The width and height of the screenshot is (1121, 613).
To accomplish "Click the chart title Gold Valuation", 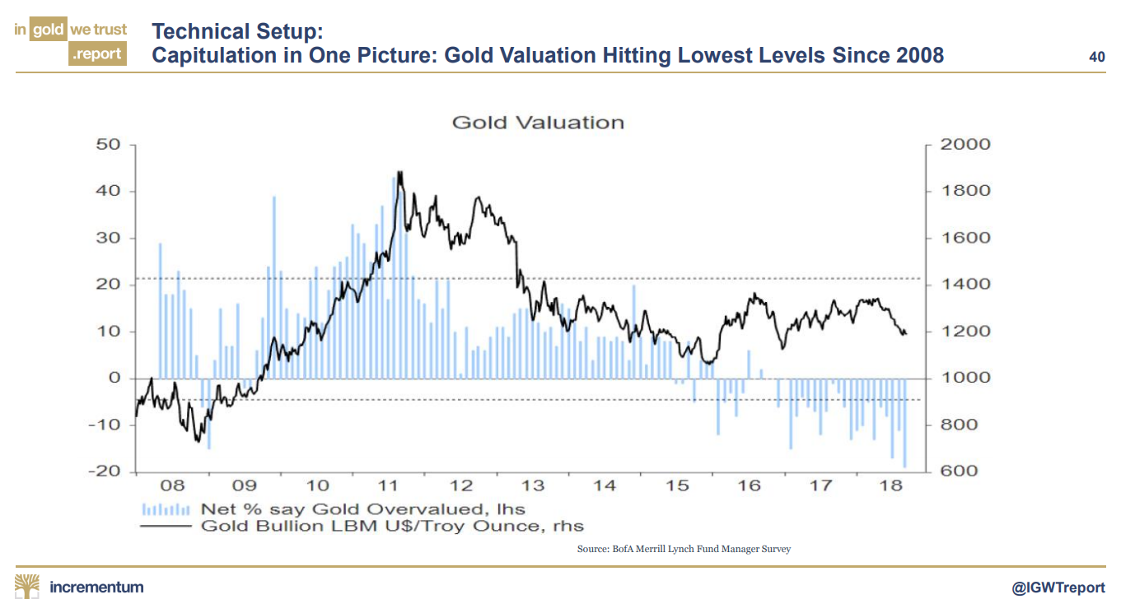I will [x=537, y=123].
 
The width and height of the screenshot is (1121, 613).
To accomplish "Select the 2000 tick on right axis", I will [x=965, y=145].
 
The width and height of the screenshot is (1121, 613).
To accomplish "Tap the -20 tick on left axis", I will [x=105, y=472].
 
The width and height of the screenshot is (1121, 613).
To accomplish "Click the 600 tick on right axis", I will [x=960, y=472].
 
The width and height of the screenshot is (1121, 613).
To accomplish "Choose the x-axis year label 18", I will [x=892, y=486].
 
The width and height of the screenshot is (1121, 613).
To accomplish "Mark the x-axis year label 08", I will [x=174, y=486].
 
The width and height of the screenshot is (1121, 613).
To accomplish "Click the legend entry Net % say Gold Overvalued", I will [x=362, y=509].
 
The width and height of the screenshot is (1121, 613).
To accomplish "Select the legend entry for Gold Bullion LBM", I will [x=391, y=527].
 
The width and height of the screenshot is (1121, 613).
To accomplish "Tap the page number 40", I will [x=1096, y=57].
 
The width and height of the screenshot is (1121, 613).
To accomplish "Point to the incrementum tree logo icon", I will [x=27, y=587].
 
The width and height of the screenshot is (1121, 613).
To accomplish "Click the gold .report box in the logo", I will [x=97, y=54].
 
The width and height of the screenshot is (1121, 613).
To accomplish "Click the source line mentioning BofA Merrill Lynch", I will [x=684, y=549].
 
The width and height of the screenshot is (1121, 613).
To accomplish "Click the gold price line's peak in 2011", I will [x=399, y=173].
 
